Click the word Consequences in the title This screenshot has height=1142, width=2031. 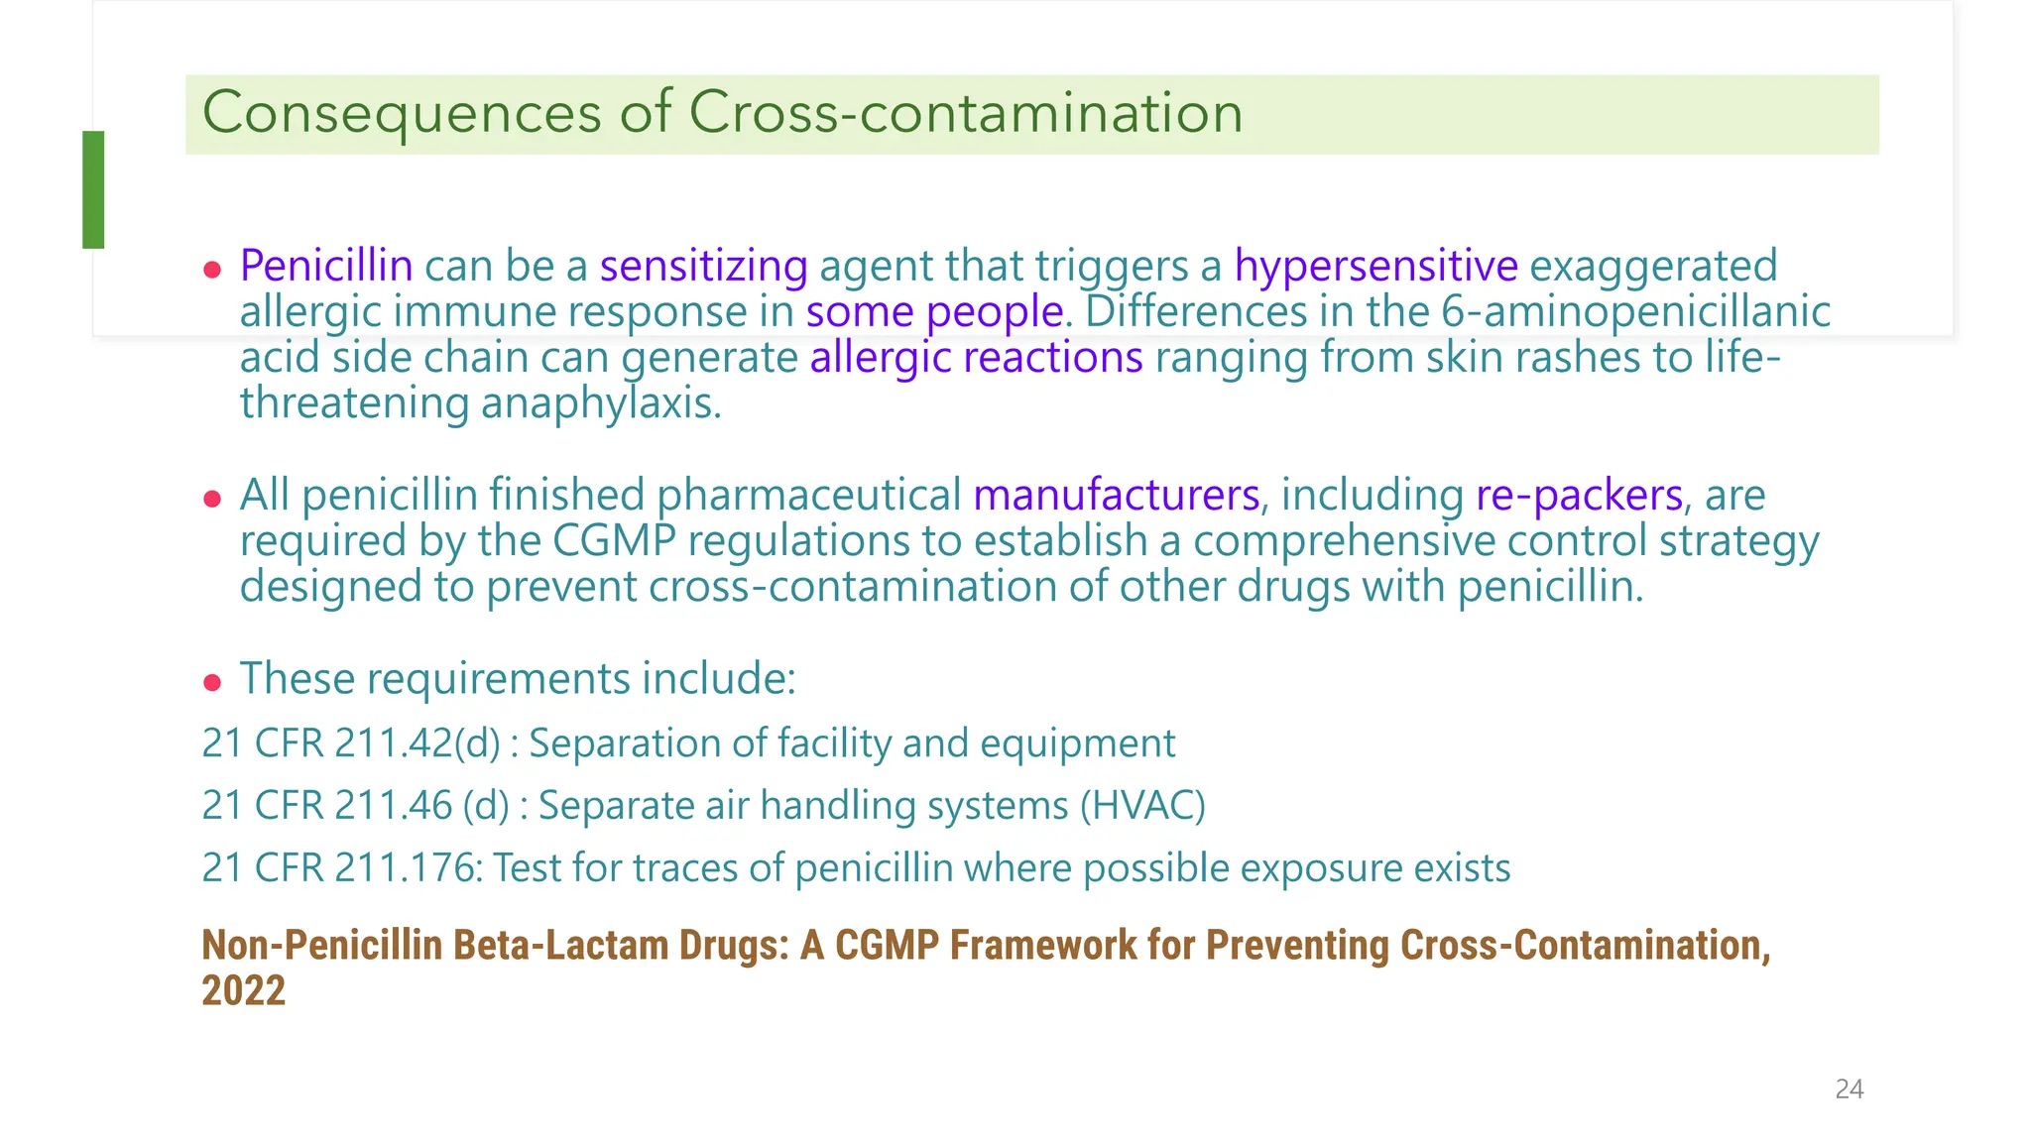pyautogui.click(x=402, y=113)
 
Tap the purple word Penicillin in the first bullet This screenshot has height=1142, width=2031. pyautogui.click(x=326, y=266)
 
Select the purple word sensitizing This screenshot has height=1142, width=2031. pyautogui.click(x=703, y=266)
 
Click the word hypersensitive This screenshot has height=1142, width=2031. pyautogui.click(x=1375, y=266)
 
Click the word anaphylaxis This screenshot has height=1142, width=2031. pyautogui.click(x=601, y=403)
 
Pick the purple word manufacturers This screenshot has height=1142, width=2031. pyautogui.click(x=1116, y=495)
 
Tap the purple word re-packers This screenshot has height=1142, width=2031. pyautogui.click(x=1579, y=495)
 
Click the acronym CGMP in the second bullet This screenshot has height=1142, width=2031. pyautogui.click(x=614, y=541)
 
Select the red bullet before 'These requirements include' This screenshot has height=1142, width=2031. pyautogui.click(x=211, y=682)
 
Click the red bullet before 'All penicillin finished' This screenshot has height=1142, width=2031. pyautogui.click(x=211, y=498)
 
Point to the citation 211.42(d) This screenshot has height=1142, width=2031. pyautogui.click(x=418, y=743)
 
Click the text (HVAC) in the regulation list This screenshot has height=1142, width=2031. pyautogui.click(x=1142, y=805)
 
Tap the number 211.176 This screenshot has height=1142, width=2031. pyautogui.click(x=408, y=867)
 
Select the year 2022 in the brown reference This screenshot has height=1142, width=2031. pyautogui.click(x=243, y=990)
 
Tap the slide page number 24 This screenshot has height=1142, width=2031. pyautogui.click(x=1849, y=1089)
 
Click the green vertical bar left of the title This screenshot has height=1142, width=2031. pyautogui.click(x=93, y=189)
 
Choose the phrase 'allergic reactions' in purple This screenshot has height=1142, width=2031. pyautogui.click(x=976, y=358)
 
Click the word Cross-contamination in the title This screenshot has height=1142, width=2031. pyautogui.click(x=965, y=113)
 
